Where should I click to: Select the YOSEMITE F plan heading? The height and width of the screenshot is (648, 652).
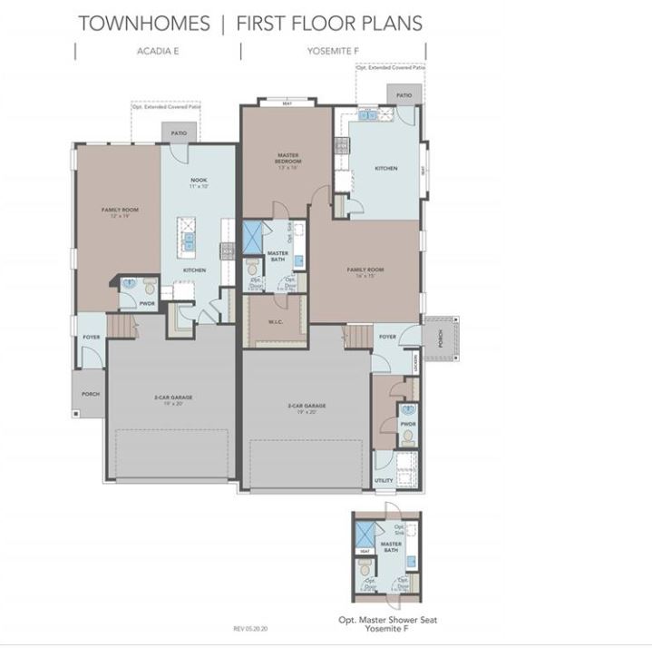333,52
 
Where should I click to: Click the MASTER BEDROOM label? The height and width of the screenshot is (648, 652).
288,159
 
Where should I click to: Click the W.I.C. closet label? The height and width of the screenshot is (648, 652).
277,322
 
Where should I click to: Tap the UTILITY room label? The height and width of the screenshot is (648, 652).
384,480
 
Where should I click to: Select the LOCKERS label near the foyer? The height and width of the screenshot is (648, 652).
416,364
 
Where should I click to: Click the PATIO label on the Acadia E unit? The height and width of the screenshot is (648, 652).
179,133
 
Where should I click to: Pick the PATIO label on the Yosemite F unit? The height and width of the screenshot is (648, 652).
404,94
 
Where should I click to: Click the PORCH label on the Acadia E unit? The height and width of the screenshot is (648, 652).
91,394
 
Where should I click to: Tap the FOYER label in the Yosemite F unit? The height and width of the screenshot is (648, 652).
388,337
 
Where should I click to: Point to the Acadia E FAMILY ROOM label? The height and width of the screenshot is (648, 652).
119,212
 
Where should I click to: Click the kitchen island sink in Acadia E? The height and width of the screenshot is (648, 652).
189,240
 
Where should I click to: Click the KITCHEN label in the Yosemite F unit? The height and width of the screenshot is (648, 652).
386,168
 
